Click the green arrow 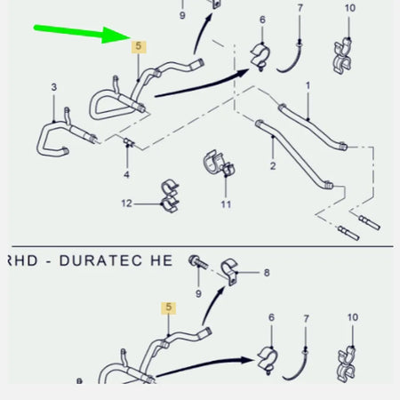point(82,33)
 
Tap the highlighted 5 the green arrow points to point(139,46)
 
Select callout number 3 point(53,87)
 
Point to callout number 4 point(127,174)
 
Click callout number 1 point(308,85)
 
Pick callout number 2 point(273,165)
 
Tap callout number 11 point(226,204)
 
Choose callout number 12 point(126,204)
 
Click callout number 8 point(267,273)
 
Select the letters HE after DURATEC point(162,260)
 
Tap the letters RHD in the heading point(23,260)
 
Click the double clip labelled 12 point(170,196)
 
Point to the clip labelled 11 point(219,164)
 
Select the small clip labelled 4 point(129,142)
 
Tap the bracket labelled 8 point(229,271)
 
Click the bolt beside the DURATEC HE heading point(198,261)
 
